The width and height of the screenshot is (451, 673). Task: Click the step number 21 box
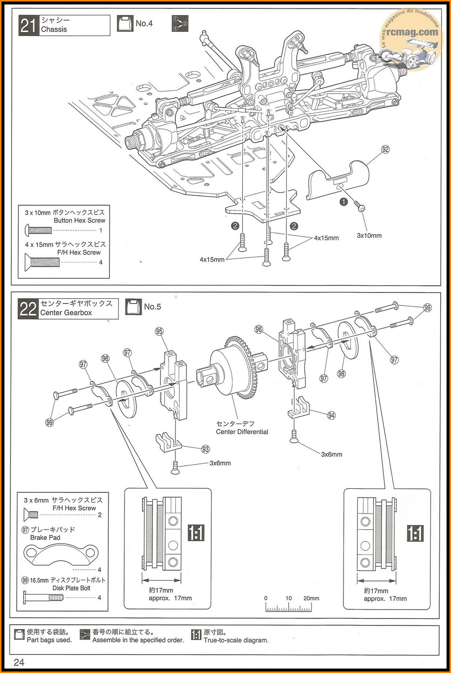pyautogui.click(x=29, y=26)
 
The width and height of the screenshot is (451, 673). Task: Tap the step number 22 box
pyautogui.click(x=28, y=309)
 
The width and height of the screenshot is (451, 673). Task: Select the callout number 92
pyautogui.click(x=385, y=149)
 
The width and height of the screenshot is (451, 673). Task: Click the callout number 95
pyautogui.click(x=159, y=331)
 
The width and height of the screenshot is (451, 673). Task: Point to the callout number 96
pyautogui.click(x=259, y=329)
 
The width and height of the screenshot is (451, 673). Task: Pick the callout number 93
pyautogui.click(x=205, y=449)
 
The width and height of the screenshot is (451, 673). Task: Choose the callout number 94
pyautogui.click(x=331, y=415)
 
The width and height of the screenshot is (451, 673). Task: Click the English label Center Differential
pyautogui.click(x=242, y=432)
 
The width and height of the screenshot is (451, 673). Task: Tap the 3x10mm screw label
pyautogui.click(x=369, y=236)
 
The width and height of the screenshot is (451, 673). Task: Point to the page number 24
pyautogui.click(x=19, y=662)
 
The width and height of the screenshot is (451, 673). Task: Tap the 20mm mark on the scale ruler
pyautogui.click(x=311, y=599)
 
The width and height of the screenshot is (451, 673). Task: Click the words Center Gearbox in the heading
pyautogui.click(x=66, y=313)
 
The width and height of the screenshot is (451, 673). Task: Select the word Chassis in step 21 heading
pyautogui.click(x=54, y=29)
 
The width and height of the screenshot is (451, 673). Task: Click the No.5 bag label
pyautogui.click(x=152, y=307)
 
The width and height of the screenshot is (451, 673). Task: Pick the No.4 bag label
pyautogui.click(x=144, y=23)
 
